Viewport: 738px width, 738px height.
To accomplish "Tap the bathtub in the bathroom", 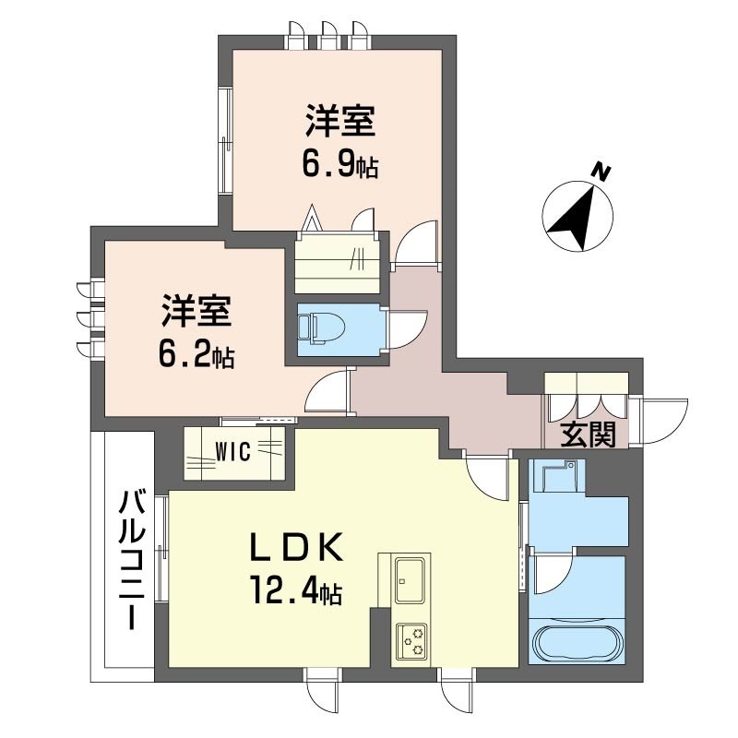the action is tap(579, 639).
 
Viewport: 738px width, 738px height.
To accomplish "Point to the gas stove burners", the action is tap(411, 640).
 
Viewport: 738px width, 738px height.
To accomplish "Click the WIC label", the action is tap(233, 452).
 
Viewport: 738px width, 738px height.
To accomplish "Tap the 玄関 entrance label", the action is tap(589, 434).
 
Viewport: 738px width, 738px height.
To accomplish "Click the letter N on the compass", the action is tap(601, 173).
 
